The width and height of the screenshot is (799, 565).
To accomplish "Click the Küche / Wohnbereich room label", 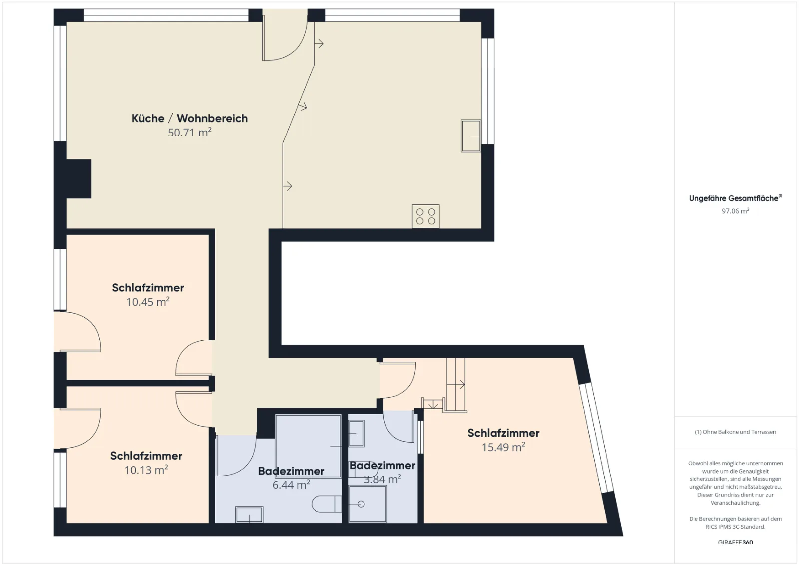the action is coord(189,118).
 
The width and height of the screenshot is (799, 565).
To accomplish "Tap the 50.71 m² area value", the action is coord(189,133).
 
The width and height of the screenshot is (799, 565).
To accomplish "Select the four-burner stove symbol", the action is coord(425,216).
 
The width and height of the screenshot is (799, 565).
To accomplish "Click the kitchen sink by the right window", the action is coord(471,136).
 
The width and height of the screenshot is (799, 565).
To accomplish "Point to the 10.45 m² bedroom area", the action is coord(148,302).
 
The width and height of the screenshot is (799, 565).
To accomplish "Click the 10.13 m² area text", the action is coord(146,470).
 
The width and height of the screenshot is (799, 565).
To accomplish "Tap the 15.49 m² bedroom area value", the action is coord(503,447).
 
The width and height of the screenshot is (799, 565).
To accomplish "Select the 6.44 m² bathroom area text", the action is coord(291,485).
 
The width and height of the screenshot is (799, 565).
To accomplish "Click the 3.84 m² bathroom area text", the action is coord(382,479).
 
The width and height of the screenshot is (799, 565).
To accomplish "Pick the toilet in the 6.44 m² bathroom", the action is coord(327,504).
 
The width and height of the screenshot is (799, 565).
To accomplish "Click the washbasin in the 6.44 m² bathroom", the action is coord(249,515).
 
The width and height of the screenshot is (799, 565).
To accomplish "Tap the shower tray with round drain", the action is coord(368,504).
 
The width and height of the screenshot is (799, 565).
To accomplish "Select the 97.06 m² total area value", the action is coord(735,211).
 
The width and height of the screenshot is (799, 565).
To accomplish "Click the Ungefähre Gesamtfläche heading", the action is coord(735,198).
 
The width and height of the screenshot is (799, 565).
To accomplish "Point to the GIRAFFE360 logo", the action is coord(735,542).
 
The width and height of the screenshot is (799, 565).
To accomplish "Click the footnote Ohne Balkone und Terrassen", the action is coord(735,432).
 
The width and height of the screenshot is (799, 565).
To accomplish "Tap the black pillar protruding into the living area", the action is coord(79,178).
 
